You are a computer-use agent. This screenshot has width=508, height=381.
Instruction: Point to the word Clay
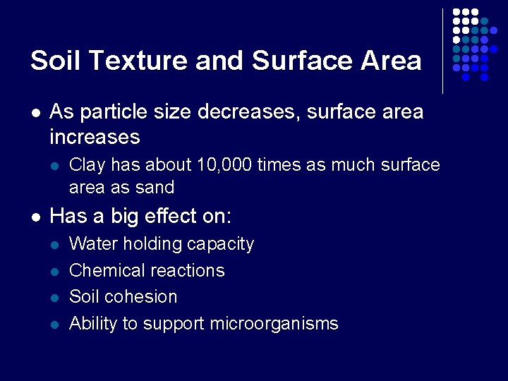pyautogui.click(x=87, y=165)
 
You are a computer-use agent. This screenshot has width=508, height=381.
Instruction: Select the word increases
pyautogui.click(x=95, y=135)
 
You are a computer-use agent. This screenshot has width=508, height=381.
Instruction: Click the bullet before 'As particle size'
pyautogui.click(x=35, y=112)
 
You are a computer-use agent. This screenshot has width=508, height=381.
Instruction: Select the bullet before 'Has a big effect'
pyautogui.click(x=35, y=216)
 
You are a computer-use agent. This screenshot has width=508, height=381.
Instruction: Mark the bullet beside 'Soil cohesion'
pyautogui.click(x=56, y=297)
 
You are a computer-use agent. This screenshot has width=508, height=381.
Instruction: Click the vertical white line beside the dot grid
pyautogui.click(x=442, y=51)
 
